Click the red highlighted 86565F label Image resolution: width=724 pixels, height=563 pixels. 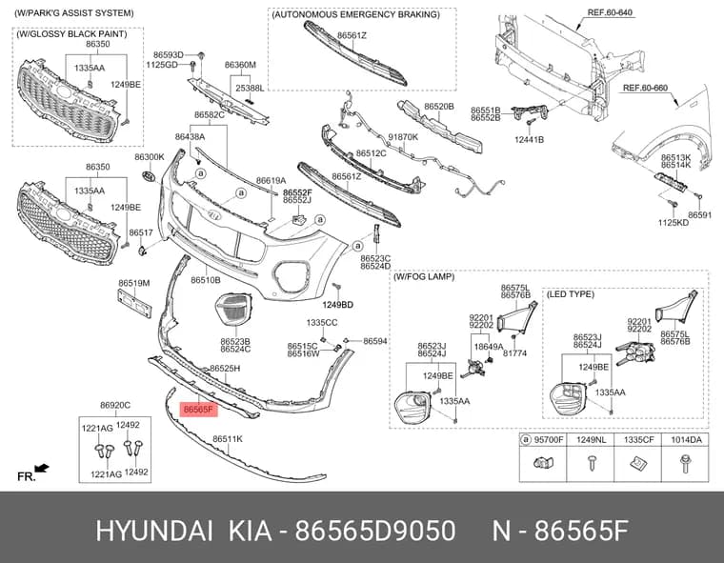coord(198,410)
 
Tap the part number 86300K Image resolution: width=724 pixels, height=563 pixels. coord(150,157)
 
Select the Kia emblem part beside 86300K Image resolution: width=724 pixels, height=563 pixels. coord(149,177)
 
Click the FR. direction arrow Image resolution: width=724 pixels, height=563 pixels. coord(42,469)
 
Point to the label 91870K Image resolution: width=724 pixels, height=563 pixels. coord(403,137)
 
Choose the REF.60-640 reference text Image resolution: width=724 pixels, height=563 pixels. coord(610,13)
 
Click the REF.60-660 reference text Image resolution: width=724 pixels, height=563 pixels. coord(645,88)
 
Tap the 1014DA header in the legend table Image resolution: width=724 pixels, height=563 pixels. coord(686,440)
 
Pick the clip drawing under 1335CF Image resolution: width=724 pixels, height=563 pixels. coord(637,462)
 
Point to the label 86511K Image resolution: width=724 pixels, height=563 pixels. coord(227,439)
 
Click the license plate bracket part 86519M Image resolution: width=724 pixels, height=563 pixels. coord(134,303)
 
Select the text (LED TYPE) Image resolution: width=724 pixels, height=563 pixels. coord(571,294)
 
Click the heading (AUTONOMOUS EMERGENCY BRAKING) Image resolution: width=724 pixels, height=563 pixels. coord(356,15)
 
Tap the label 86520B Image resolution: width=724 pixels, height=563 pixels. coord(439,107)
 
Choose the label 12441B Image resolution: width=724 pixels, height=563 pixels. coord(529,139)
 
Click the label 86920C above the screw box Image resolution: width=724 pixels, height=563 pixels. coord(115,405)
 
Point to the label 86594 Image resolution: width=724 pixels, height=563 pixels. coord(375,341)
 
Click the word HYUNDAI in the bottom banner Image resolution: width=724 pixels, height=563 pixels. coord(154,532)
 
